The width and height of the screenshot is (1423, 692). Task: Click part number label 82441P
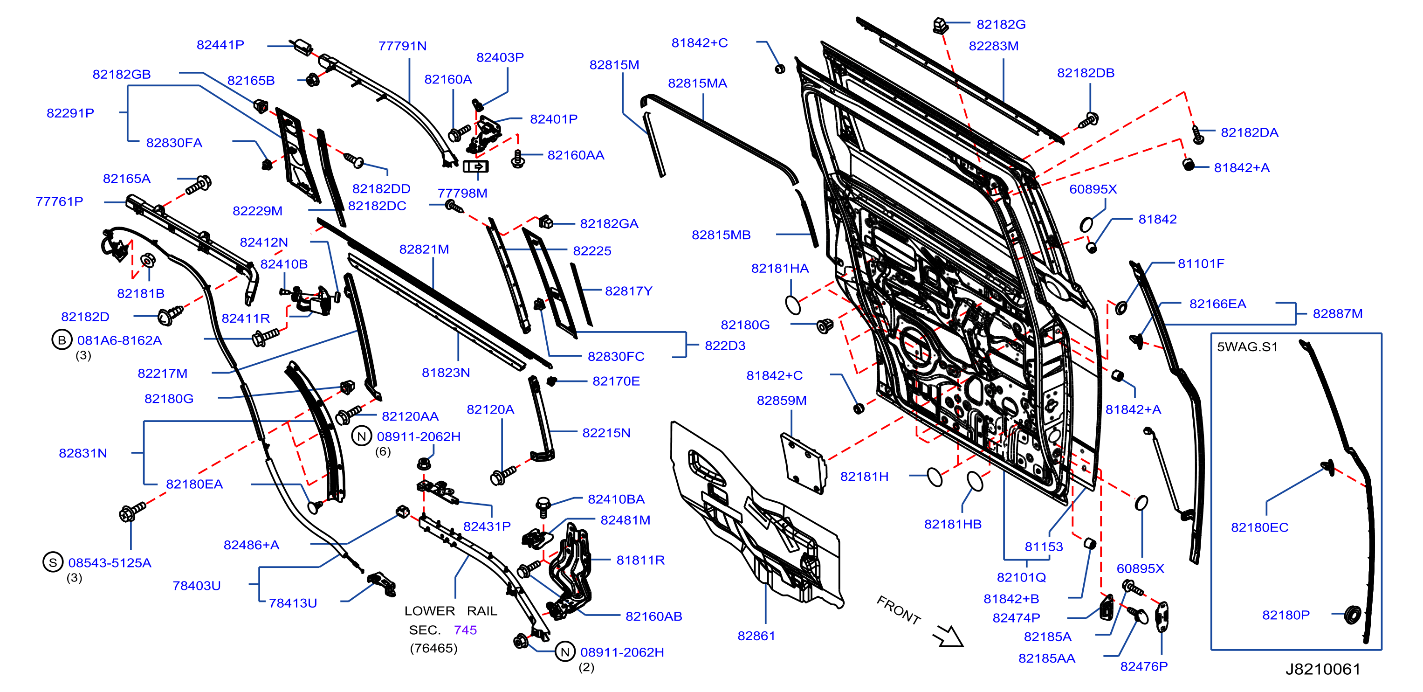pyautogui.click(x=220, y=45)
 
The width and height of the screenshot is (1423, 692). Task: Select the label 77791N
pyautogui.click(x=402, y=46)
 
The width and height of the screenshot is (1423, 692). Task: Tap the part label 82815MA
pyautogui.click(x=697, y=83)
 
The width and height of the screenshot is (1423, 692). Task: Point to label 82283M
pyautogui.click(x=993, y=46)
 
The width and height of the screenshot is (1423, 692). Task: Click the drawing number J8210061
pyautogui.click(x=1322, y=669)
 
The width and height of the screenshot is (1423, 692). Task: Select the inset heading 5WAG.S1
pyautogui.click(x=1247, y=346)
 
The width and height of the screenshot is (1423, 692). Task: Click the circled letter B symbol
pyautogui.click(x=62, y=340)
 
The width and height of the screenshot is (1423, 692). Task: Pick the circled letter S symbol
pyautogui.click(x=53, y=562)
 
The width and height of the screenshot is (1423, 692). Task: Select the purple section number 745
pyautogui.click(x=465, y=630)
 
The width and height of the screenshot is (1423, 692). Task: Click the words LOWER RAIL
pyautogui.click(x=451, y=611)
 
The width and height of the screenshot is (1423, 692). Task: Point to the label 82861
pyautogui.click(x=756, y=636)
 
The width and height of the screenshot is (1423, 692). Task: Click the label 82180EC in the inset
pyautogui.click(x=1259, y=527)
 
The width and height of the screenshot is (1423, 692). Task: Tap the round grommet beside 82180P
pyautogui.click(x=1352, y=614)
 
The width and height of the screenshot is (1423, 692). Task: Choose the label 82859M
pyautogui.click(x=781, y=400)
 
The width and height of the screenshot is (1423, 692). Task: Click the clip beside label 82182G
pyautogui.click(x=940, y=26)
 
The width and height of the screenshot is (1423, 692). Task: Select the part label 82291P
pyautogui.click(x=70, y=113)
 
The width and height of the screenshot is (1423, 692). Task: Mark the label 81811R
pyautogui.click(x=640, y=560)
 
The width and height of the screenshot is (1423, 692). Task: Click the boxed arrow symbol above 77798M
pyautogui.click(x=475, y=166)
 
